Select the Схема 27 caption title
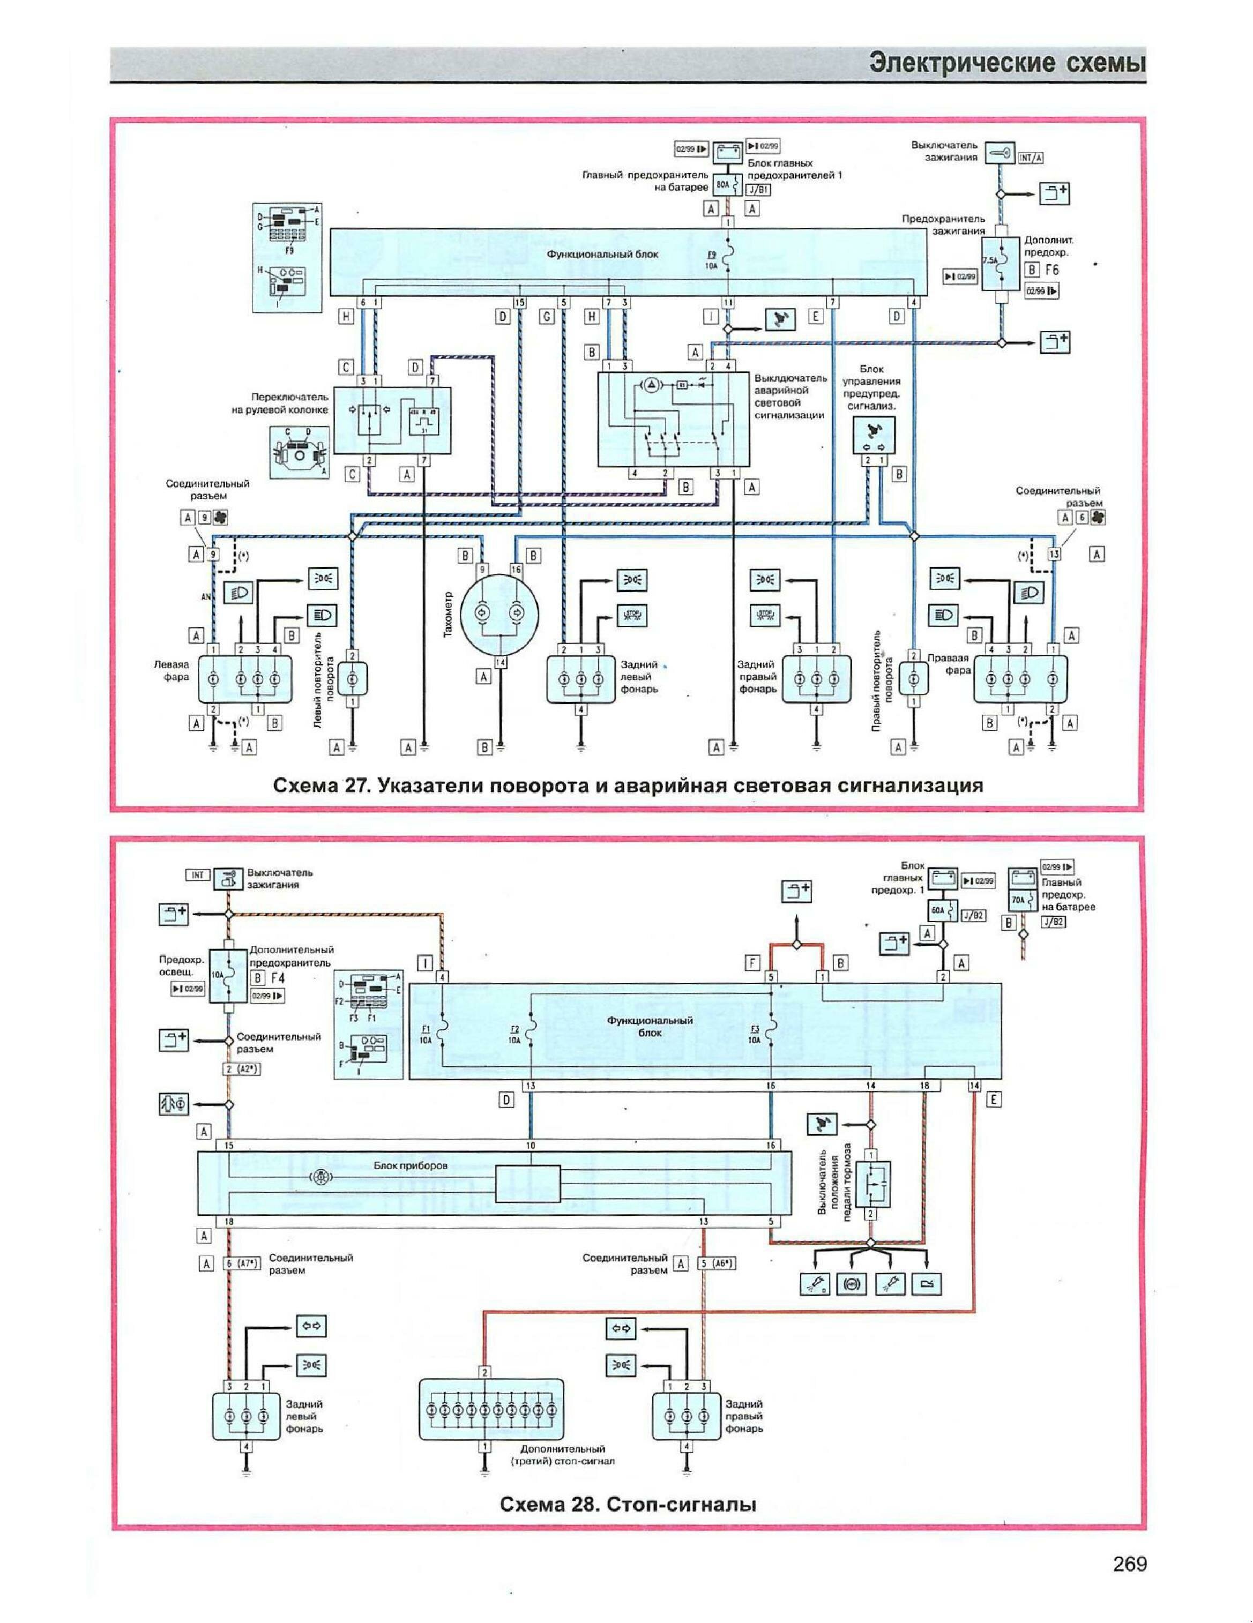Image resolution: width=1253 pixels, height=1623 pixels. [x=629, y=786]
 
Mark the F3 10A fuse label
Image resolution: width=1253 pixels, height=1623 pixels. [x=756, y=1034]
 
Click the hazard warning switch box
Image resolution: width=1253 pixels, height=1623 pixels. [x=673, y=420]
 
